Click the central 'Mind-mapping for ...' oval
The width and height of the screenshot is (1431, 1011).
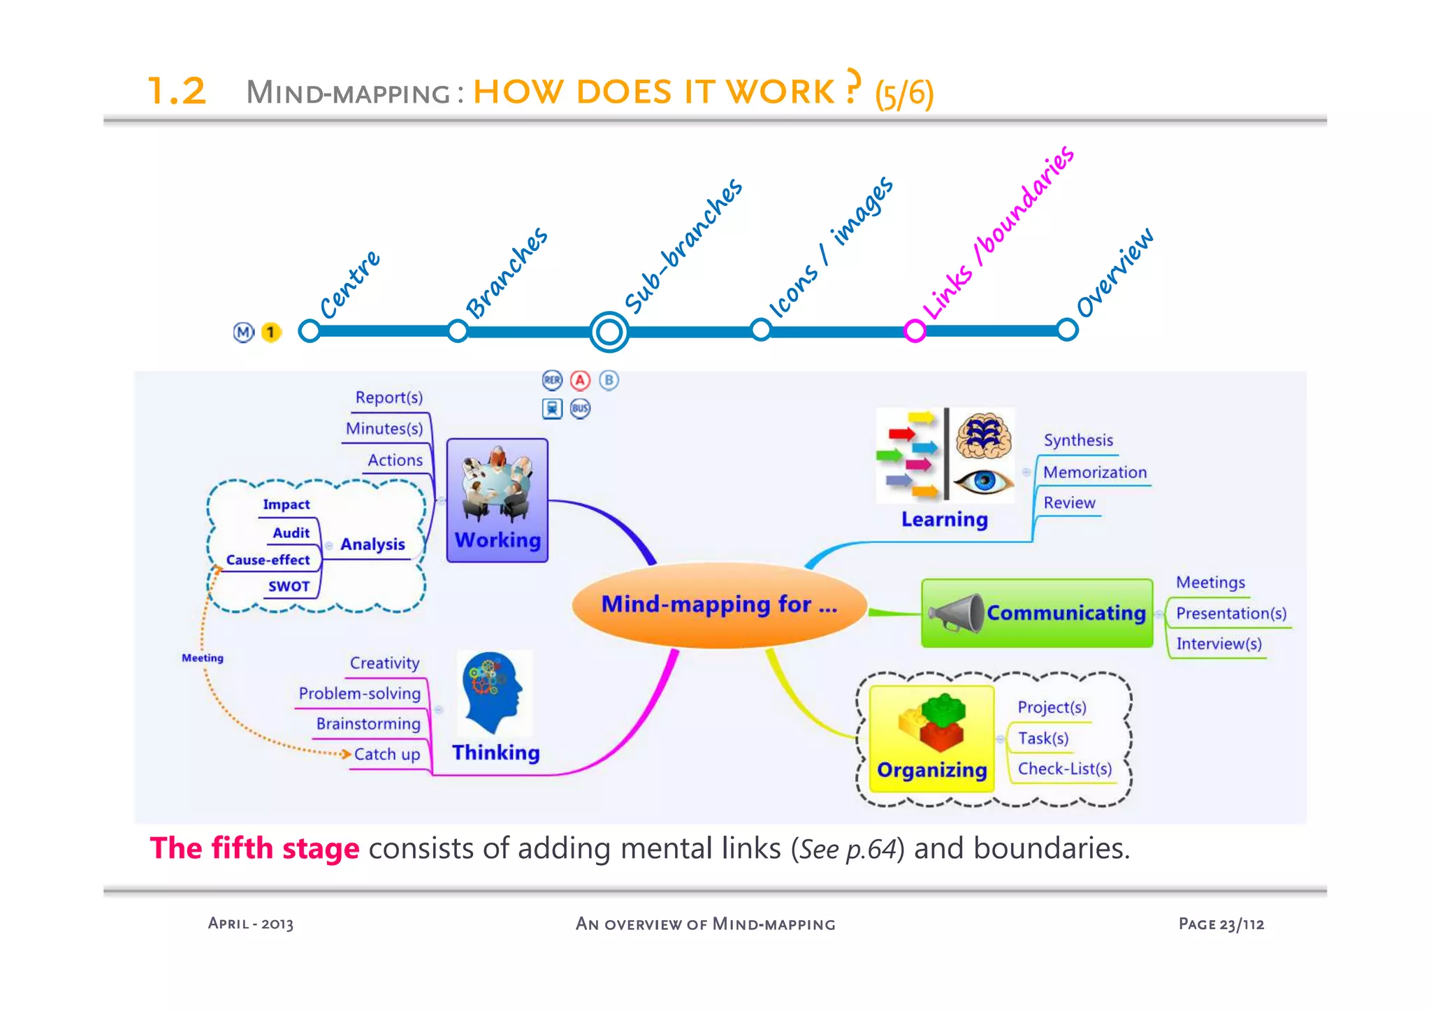point(719,605)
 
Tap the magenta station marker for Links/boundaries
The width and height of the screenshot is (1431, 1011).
point(915,330)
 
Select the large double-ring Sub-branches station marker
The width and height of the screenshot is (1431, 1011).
point(609,331)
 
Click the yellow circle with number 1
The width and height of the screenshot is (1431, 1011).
point(270,332)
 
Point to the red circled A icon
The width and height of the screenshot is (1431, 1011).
point(580,380)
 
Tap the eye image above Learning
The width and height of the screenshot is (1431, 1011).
point(983,481)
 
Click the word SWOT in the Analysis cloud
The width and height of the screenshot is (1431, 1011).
point(289,586)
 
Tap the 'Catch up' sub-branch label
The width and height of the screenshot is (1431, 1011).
point(386,755)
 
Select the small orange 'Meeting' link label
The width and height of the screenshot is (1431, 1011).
point(203,658)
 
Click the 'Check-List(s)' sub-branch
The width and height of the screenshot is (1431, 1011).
point(1064,769)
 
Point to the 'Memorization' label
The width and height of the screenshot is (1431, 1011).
point(1094,472)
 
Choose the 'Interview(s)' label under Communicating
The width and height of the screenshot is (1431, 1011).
point(1219,643)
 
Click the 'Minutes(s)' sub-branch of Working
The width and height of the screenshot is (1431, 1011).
point(384,428)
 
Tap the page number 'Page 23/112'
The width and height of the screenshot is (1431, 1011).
point(1221,924)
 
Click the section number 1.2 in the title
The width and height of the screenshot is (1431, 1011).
point(177,92)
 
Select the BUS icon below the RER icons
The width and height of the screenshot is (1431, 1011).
point(580,409)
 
